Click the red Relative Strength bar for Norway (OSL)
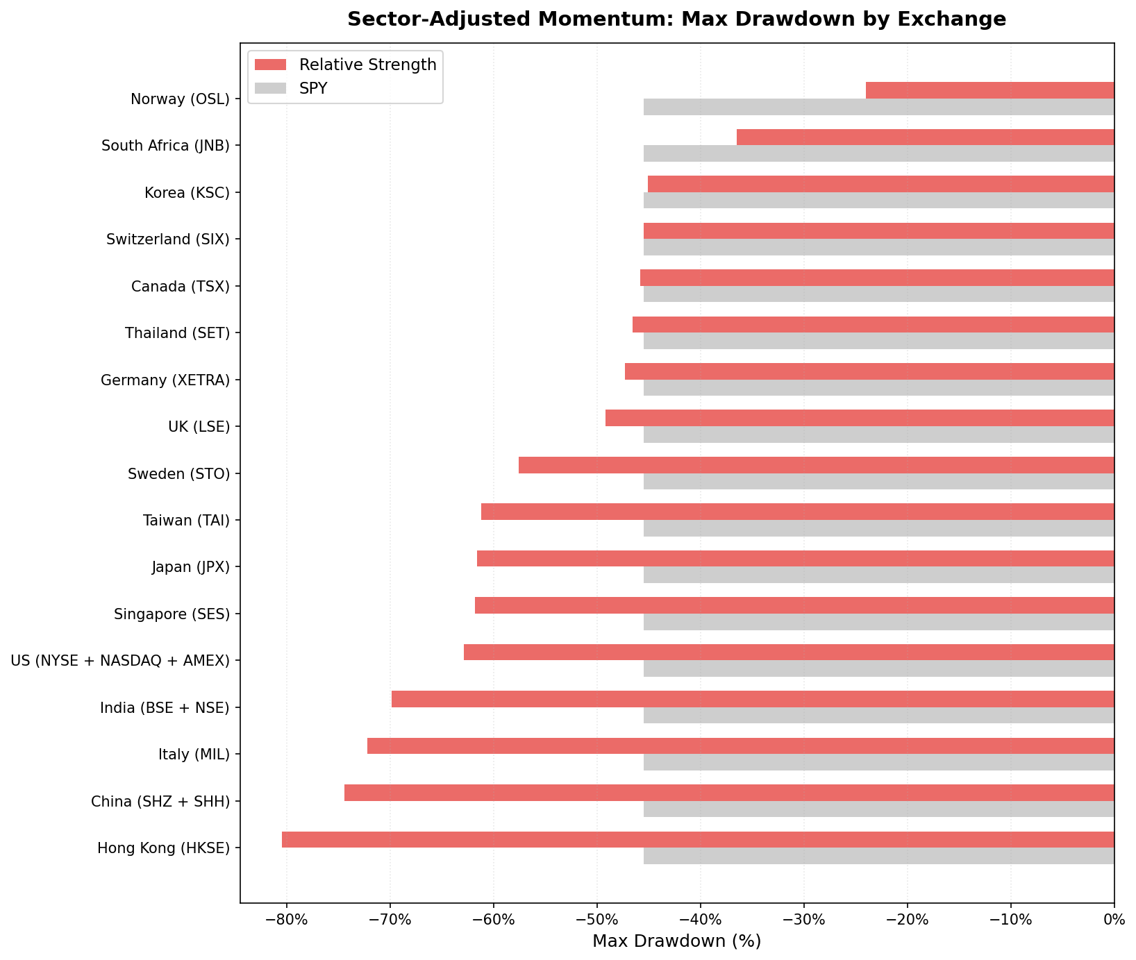989,90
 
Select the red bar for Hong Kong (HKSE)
698,839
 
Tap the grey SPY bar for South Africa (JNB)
878,153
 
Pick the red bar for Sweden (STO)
816,465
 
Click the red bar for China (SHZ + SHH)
729,793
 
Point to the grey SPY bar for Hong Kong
878,856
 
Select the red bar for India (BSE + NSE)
753,699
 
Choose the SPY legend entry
312,88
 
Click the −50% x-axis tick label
596,920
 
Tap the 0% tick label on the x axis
1114,920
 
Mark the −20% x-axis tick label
907,920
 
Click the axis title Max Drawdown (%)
676,941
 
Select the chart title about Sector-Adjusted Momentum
676,19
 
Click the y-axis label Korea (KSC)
187,192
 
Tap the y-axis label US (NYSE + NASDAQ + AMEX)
120,660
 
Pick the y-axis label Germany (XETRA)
165,380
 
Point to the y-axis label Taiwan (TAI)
186,520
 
